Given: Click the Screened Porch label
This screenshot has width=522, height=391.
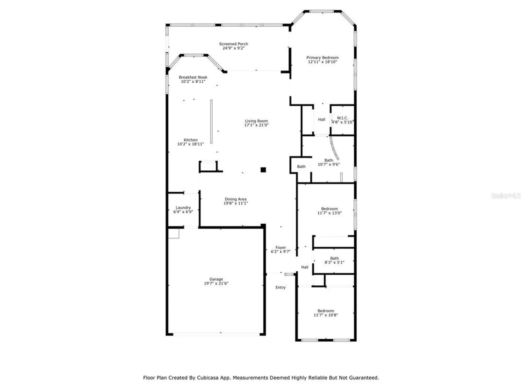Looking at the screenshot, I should coord(233,44).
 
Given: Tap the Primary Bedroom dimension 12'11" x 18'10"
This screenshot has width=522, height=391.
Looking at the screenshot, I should coord(322,62).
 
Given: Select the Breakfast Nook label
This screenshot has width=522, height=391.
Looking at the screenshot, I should coord(193,77).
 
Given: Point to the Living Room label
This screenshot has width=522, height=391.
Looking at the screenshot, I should coord(256,121).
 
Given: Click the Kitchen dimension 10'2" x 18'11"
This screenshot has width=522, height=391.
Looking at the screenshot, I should coord(191,144).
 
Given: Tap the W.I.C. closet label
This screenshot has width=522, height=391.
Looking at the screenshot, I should coord(342,118).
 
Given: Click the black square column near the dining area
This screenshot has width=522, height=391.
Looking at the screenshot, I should coord(263,170).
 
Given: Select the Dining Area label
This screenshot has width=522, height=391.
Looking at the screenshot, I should coord(235,199).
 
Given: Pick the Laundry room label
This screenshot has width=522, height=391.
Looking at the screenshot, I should coord(183,207).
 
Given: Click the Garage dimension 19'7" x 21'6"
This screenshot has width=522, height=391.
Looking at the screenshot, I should coord(216,283).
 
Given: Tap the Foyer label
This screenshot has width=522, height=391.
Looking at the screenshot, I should coord(281,247).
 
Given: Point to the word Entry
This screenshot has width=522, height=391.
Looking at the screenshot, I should coord(280,287).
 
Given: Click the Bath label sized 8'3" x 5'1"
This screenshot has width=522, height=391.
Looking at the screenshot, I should coord(334,258).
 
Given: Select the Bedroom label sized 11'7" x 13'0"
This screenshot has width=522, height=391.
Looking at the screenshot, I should coord(329,209).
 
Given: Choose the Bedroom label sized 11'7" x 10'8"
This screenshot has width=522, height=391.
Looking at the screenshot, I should coord(326,311).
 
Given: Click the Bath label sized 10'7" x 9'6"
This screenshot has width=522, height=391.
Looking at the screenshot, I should coord(329,160).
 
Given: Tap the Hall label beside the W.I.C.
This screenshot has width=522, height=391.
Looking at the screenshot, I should coord(322,119).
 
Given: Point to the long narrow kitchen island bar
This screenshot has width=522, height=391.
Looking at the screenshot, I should coord(211,121).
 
